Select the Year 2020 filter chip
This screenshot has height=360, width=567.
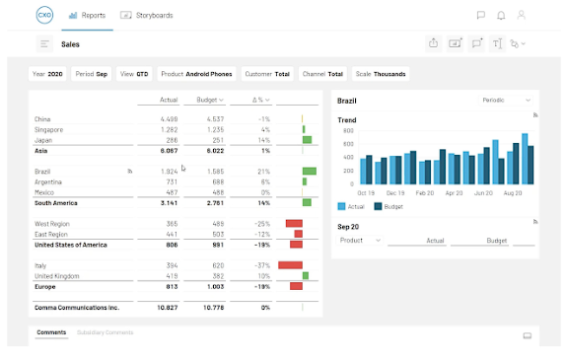[x=48, y=74]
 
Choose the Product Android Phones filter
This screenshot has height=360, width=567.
[x=197, y=74]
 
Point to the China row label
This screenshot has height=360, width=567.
[x=43, y=119]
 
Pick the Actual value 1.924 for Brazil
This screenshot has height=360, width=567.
[x=168, y=172]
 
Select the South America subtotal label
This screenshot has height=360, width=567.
[x=56, y=202]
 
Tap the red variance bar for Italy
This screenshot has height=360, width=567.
[x=290, y=265]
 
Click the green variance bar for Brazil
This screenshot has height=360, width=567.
[x=309, y=172]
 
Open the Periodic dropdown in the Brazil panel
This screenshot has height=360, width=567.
[x=507, y=100]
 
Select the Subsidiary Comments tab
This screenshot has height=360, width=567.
[x=105, y=332]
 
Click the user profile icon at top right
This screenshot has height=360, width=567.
[x=522, y=16]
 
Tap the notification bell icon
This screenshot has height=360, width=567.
[x=501, y=16]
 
